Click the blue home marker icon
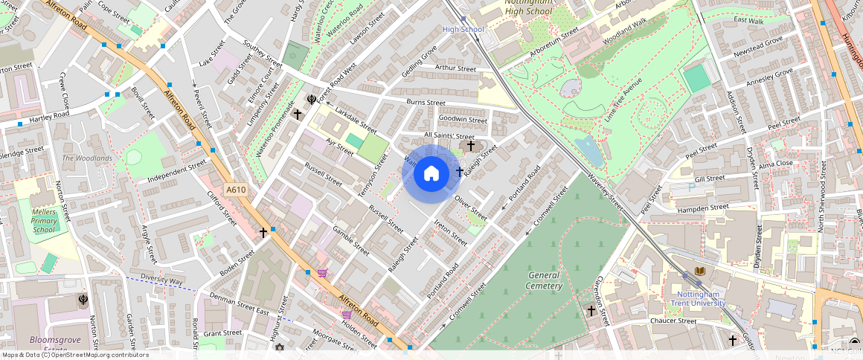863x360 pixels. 431,174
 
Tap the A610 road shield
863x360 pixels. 236,190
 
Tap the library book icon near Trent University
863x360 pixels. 699,271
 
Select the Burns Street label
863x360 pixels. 426,103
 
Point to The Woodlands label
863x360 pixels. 87,158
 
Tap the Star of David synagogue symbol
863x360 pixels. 280,347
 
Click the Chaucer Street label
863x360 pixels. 673,321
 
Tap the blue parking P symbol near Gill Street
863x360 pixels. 691,187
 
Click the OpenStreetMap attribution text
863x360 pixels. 74,355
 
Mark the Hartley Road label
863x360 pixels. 49,116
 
